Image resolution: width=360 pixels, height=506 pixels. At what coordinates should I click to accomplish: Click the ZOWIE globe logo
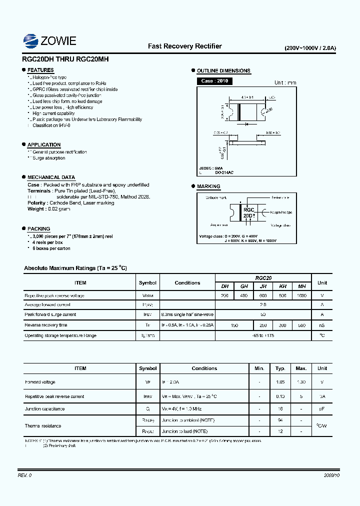[31, 40]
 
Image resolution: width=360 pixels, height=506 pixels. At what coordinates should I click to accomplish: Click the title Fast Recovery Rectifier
[184, 46]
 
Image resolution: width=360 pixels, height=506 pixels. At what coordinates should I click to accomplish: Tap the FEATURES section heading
[40, 70]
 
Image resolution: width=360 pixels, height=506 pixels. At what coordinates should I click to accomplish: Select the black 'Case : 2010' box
[214, 81]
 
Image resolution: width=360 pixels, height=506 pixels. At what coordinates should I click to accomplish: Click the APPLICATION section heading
[44, 145]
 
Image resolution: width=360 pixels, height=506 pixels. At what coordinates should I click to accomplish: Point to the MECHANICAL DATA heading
[51, 177]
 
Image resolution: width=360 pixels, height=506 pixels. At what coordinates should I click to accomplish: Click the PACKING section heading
[39, 228]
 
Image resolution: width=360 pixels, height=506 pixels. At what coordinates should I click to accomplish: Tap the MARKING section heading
[208, 186]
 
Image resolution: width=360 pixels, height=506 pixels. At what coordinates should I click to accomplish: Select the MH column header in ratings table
[301, 286]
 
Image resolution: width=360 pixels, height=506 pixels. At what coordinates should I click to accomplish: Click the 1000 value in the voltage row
[301, 295]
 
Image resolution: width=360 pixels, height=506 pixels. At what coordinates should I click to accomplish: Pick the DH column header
[225, 286]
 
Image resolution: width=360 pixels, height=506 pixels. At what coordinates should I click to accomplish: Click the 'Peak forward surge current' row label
[50, 314]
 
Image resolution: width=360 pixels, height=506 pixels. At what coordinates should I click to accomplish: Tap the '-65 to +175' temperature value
[263, 335]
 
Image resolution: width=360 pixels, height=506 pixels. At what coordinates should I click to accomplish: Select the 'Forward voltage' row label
[40, 382]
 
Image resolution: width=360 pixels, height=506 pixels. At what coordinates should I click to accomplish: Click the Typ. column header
[280, 368]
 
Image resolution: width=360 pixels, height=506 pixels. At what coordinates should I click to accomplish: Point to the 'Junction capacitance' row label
[45, 409]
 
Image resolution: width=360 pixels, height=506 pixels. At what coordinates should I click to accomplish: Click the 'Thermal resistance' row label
[43, 426]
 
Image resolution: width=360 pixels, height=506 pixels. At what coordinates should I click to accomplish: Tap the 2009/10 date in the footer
[331, 475]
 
